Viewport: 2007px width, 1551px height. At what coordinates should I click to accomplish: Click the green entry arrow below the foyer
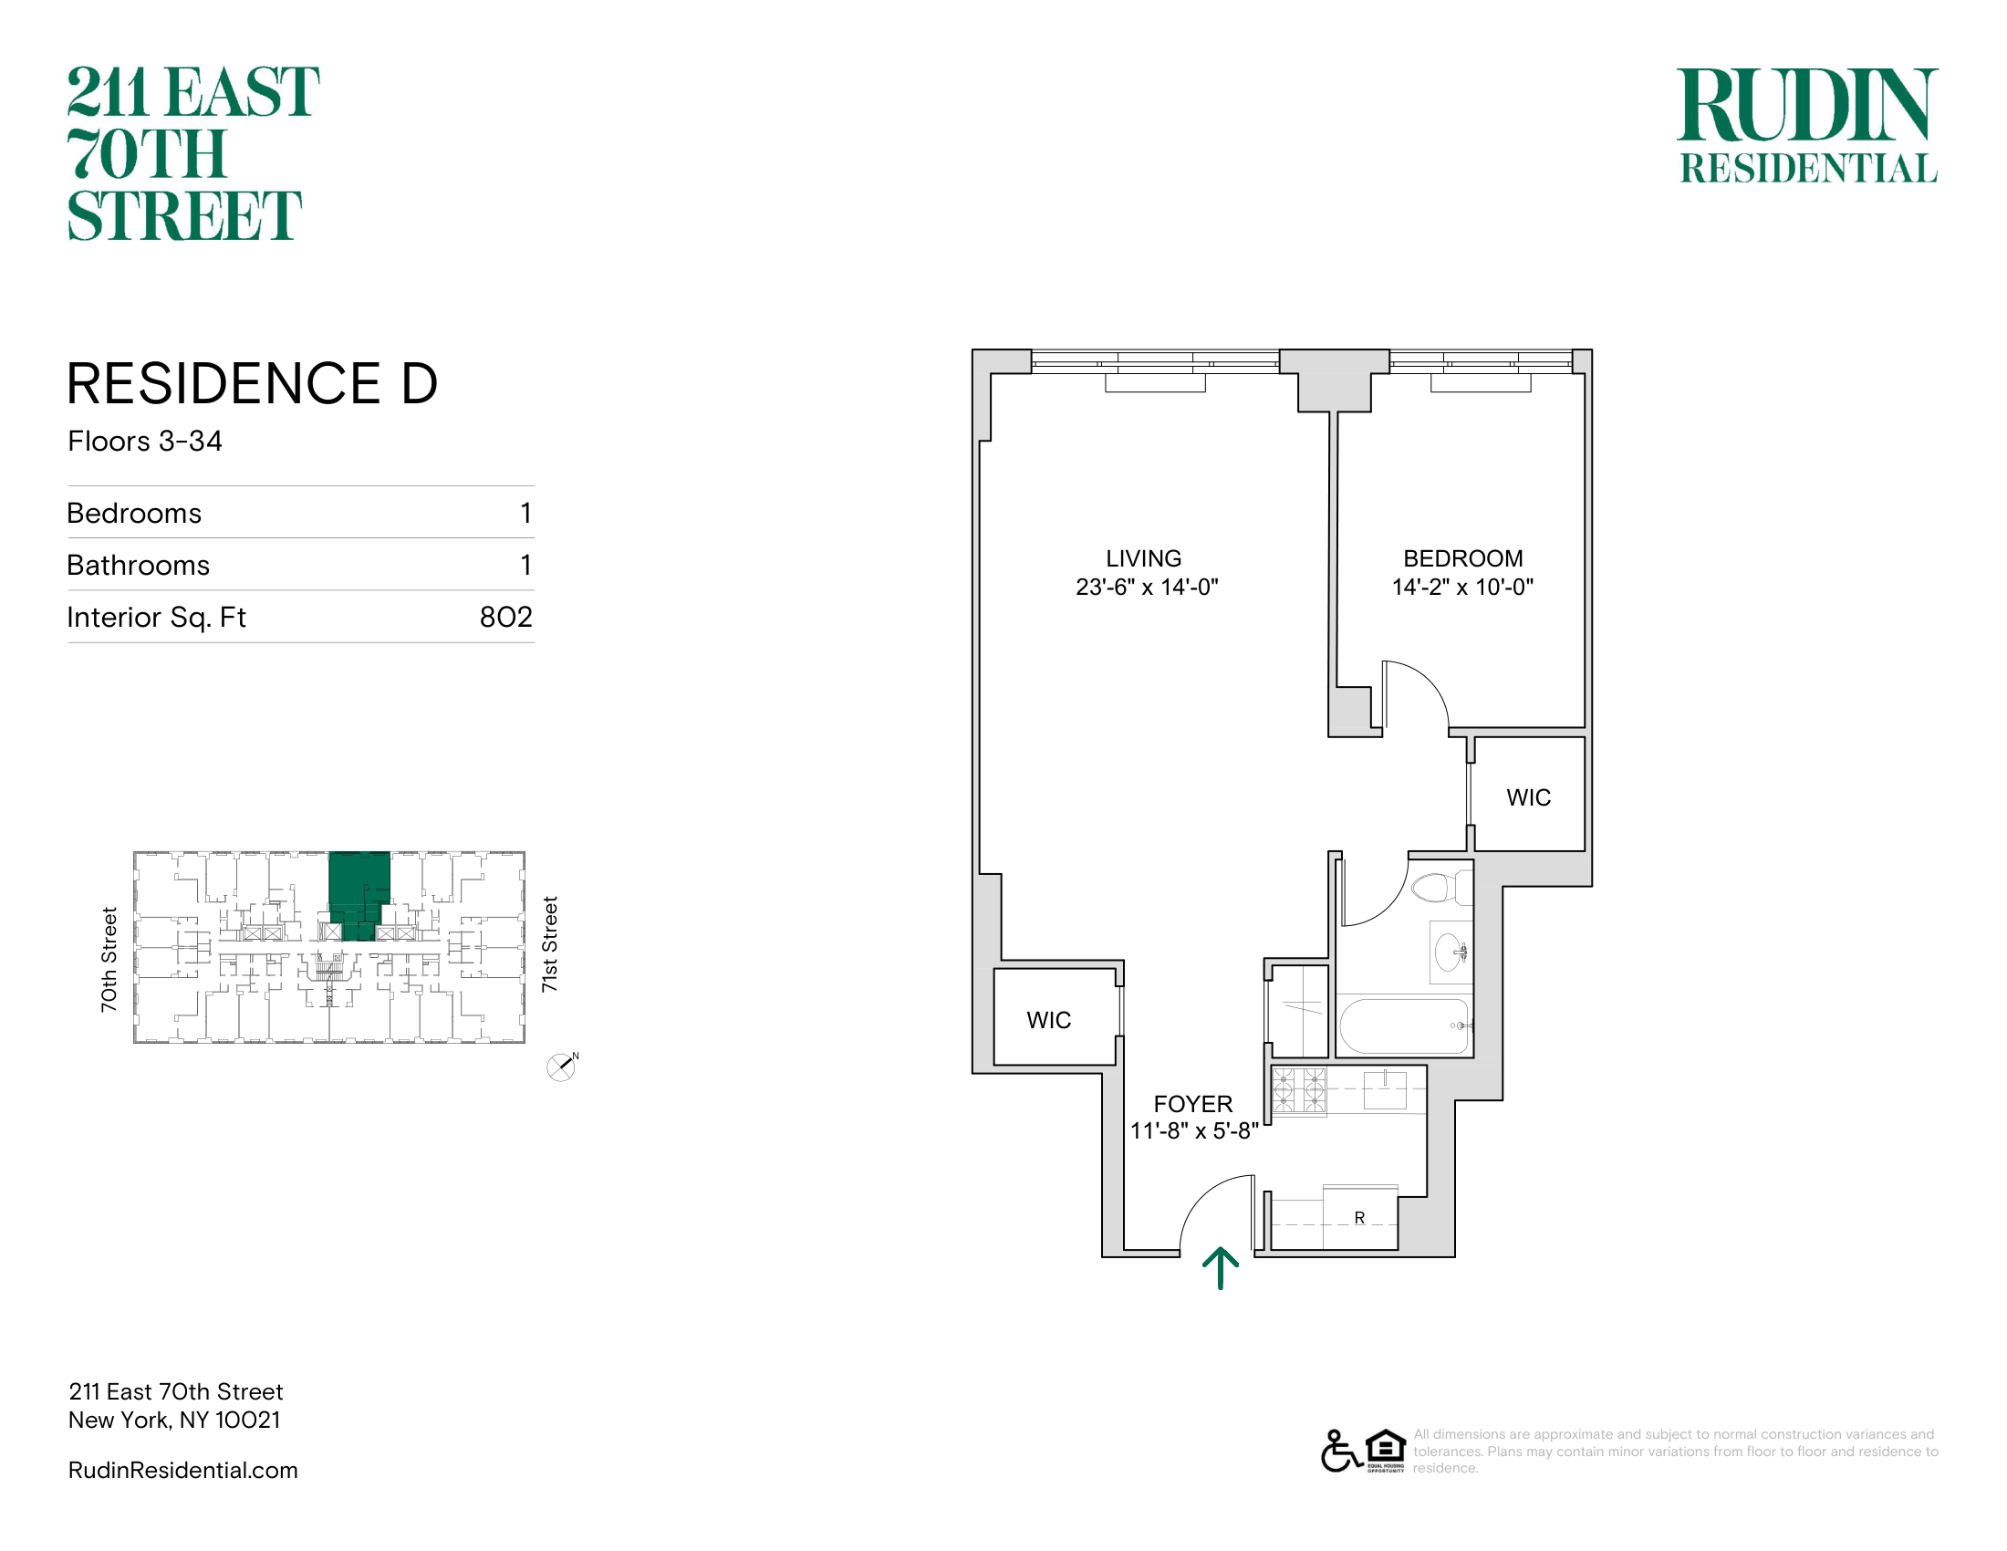click(1221, 1268)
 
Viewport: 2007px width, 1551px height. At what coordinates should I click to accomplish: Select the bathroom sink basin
click(1451, 952)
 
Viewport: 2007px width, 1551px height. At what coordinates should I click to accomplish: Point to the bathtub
click(1404, 1026)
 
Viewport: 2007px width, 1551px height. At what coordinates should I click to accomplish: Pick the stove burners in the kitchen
click(1299, 1090)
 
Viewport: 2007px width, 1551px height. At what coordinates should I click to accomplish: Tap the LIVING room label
click(1143, 558)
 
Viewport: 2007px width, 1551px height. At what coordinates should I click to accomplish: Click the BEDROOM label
click(1463, 558)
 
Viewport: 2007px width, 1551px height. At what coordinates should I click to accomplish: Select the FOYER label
click(1193, 1105)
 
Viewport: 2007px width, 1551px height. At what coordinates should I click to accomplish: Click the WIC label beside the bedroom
click(1528, 797)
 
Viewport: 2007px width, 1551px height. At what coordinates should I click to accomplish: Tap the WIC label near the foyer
click(1048, 1020)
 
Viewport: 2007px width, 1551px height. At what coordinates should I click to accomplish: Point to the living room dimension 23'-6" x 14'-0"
click(1147, 588)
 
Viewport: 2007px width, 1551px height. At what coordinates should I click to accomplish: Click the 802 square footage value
click(505, 617)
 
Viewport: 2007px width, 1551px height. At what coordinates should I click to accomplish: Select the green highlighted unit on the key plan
click(359, 891)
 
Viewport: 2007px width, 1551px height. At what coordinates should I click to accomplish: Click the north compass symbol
click(561, 1067)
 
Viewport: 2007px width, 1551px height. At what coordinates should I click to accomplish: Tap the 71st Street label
click(549, 943)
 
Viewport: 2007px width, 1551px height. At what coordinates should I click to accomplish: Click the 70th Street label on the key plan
click(109, 959)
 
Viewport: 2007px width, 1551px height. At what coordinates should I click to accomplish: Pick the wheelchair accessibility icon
click(1341, 1451)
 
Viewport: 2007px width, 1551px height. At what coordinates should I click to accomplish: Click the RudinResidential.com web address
click(182, 1470)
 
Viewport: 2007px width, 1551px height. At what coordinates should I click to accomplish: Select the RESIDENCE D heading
click(253, 383)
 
